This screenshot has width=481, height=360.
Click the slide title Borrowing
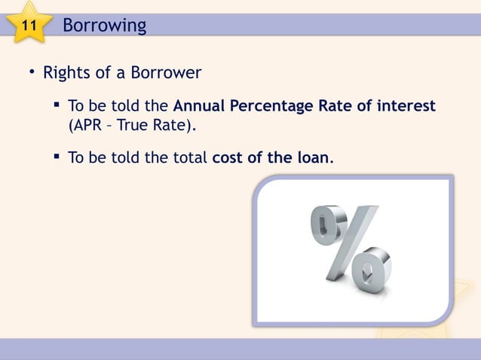point(104,26)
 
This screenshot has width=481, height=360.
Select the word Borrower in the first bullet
point(167,74)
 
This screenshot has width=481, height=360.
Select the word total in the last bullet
point(191,159)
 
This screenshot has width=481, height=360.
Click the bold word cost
point(229,159)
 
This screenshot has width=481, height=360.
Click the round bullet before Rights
point(32,73)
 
